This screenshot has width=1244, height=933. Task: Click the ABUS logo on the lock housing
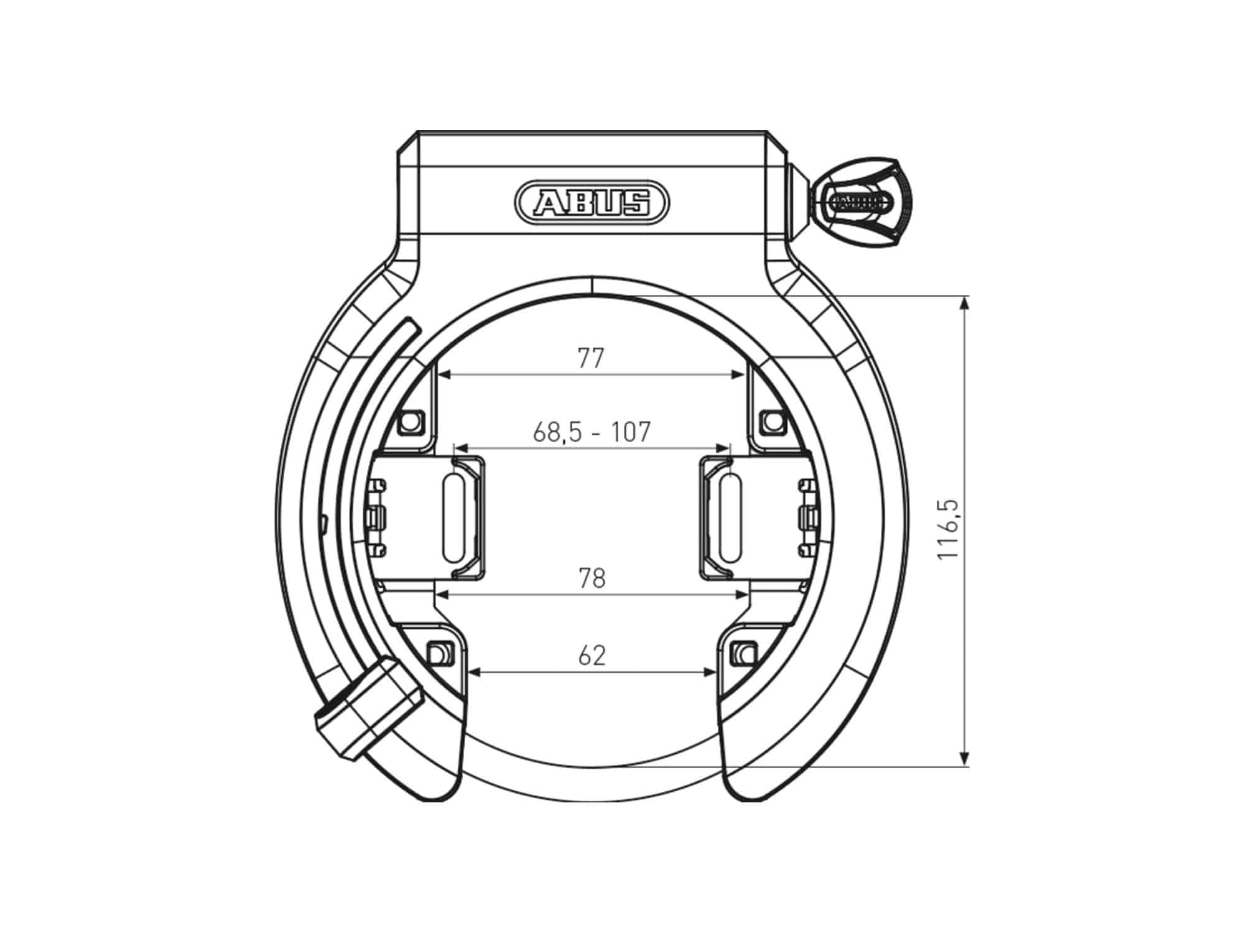[x=592, y=202]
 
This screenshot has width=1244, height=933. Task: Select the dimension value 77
[x=591, y=359]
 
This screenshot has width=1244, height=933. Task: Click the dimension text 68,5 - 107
[x=592, y=432]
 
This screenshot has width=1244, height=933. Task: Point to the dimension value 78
[x=592, y=578]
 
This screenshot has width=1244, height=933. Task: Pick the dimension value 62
[x=592, y=656]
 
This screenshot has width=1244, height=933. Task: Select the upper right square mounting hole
[x=774, y=422]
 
